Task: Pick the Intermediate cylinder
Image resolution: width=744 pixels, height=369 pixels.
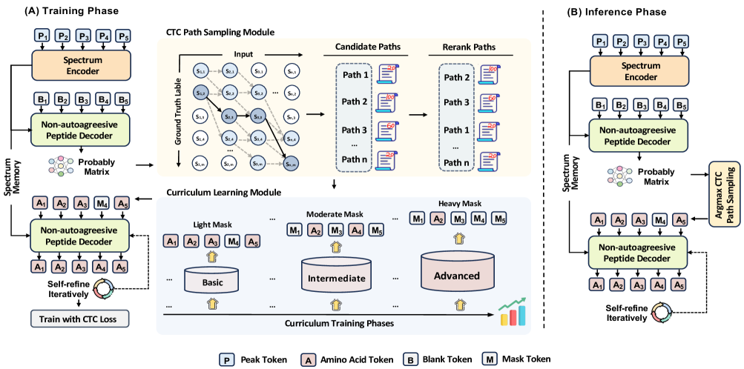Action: point(336,279)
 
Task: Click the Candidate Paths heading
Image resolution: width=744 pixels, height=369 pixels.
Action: point(361,47)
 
